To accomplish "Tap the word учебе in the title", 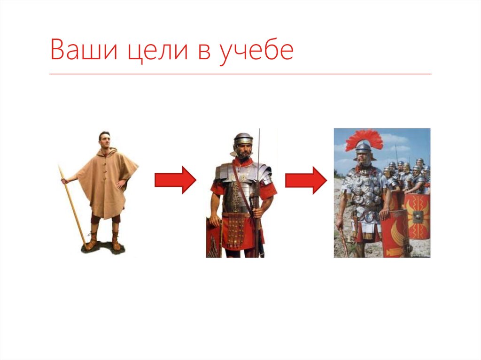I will click(x=256, y=50).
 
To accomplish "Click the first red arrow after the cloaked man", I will click(x=175, y=180).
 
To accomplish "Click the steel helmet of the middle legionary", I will click(x=243, y=139).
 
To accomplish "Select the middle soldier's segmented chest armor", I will click(x=240, y=188).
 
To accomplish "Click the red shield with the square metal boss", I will click(x=417, y=216).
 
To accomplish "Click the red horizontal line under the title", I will click(x=240, y=74).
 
